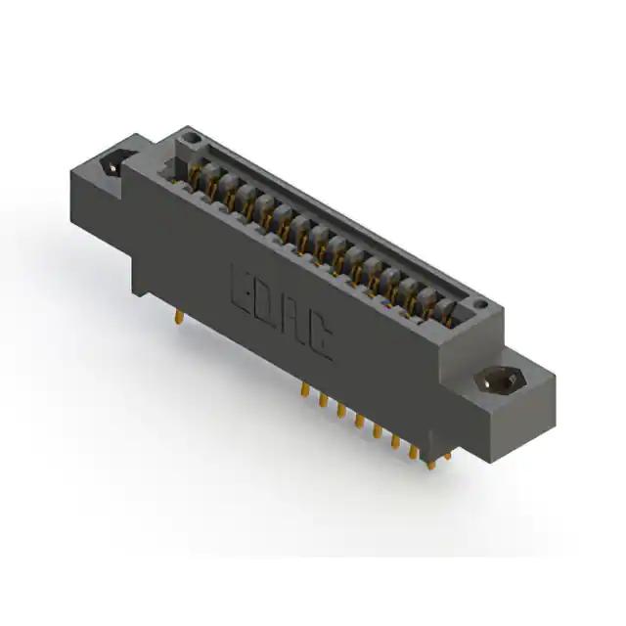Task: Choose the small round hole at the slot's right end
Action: tap(482, 305)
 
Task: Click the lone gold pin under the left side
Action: tap(180, 318)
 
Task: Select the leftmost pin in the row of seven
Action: tap(305, 390)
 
